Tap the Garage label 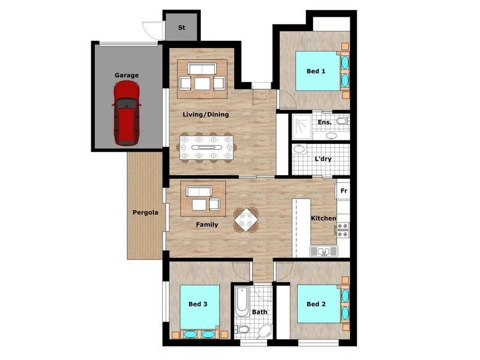click(x=127, y=75)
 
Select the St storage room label click(x=182, y=28)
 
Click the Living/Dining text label click(x=206, y=114)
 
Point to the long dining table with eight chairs click(x=206, y=147)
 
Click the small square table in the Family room click(x=247, y=220)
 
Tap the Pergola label click(x=145, y=212)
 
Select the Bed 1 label click(x=316, y=71)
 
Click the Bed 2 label click(x=316, y=304)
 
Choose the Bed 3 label click(x=197, y=304)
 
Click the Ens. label click(x=324, y=122)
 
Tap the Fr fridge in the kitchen click(x=343, y=191)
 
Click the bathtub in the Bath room click(x=241, y=303)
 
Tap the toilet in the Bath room click(x=242, y=329)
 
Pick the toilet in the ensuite click(x=341, y=121)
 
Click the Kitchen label click(x=323, y=218)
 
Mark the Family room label click(x=206, y=224)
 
